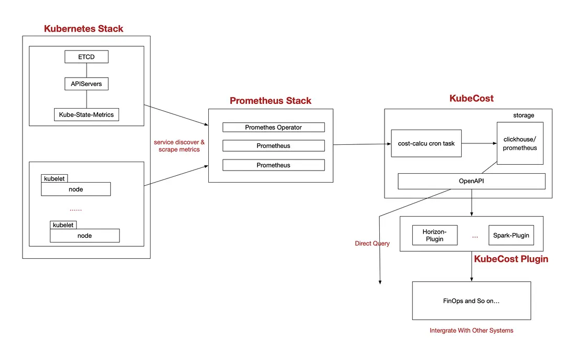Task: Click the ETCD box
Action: pos(86,57)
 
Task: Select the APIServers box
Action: pos(86,83)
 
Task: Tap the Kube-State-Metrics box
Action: pos(86,114)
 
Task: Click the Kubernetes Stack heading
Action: pos(83,29)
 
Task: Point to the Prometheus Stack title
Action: pos(270,101)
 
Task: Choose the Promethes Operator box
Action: pos(273,127)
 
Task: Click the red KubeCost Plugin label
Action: pos(511,259)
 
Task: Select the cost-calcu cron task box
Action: pos(426,143)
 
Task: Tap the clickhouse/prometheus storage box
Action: pos(519,143)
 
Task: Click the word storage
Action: pos(523,115)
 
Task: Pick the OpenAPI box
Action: pos(471,181)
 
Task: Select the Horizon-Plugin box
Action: pos(434,235)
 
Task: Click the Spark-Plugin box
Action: pos(511,235)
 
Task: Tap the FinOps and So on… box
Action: pos(471,301)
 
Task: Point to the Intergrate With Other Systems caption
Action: pos(471,331)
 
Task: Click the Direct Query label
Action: pos(372,243)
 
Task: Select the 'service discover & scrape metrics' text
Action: pos(179,146)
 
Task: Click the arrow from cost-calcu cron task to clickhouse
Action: pos(479,143)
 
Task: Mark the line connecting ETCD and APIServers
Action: pos(87,70)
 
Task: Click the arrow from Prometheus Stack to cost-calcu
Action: pos(362,144)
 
